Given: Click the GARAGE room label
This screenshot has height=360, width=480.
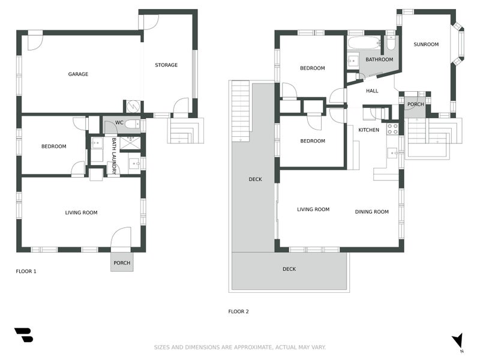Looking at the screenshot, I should [78, 74].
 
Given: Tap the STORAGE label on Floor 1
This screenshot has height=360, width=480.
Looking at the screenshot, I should [166, 65].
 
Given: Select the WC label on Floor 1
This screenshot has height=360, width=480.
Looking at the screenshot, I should [119, 123].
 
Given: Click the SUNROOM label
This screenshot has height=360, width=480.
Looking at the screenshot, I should [426, 44].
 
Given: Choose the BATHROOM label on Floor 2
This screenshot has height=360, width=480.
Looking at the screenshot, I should [379, 59].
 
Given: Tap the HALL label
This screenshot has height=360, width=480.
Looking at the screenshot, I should [372, 91].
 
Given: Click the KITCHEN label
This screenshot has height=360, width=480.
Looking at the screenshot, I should [368, 130].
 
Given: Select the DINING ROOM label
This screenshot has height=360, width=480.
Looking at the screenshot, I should [371, 211].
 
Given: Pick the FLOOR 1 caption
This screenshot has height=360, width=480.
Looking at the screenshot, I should [26, 271].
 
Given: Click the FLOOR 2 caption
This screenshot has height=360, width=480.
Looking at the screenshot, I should [238, 311].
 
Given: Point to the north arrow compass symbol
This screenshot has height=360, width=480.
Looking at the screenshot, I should [458, 340].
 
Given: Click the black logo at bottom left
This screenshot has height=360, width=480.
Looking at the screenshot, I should [23, 335].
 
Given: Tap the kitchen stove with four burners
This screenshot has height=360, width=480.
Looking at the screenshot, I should [392, 128].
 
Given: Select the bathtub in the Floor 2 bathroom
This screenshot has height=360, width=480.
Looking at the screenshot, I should [364, 43].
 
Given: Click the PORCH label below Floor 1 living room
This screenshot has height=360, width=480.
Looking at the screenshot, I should [122, 263].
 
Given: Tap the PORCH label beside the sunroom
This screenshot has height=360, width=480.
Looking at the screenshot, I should [415, 104].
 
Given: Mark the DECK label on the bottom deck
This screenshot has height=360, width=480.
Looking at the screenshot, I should [289, 269].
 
